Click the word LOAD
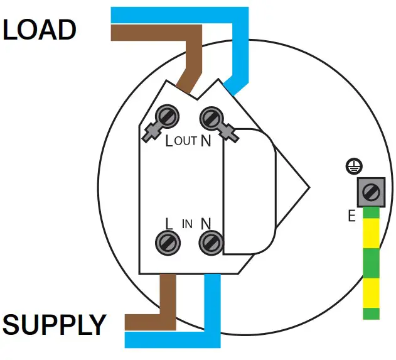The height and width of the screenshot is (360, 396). pyautogui.click(x=40, y=30)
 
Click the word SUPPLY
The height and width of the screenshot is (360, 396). pyautogui.click(x=54, y=325)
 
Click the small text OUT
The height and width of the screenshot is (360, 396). pyautogui.click(x=186, y=141)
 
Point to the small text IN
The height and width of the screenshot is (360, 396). pyautogui.click(x=187, y=224)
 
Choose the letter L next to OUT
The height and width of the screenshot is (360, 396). pyautogui.click(x=169, y=141)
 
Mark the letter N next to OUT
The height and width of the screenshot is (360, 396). pyautogui.click(x=205, y=141)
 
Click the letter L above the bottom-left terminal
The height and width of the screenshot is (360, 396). pyautogui.click(x=169, y=223)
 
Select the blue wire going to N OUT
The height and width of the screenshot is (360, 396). pyautogui.click(x=241, y=50)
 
